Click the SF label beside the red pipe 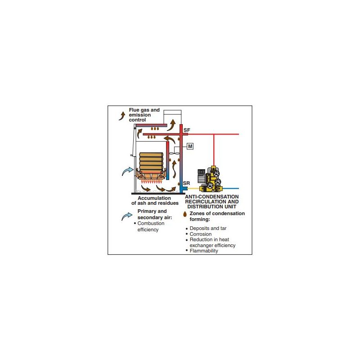[187, 130]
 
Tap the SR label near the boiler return [186, 183]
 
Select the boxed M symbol [190, 146]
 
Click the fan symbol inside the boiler [175, 153]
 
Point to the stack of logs [151, 162]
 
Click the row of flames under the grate [151, 182]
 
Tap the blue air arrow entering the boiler [127, 171]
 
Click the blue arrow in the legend [127, 216]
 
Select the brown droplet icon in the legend [185, 214]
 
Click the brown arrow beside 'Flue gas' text [122, 116]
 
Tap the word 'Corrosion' [200, 234]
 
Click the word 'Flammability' [204, 251]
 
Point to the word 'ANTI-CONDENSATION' [211, 197]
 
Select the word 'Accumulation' [154, 198]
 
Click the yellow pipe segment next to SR [193, 189]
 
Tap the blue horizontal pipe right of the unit [230, 189]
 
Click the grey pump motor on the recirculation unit [201, 176]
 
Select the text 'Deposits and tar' [208, 228]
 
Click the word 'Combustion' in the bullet [151, 223]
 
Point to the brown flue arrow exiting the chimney [171, 125]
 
